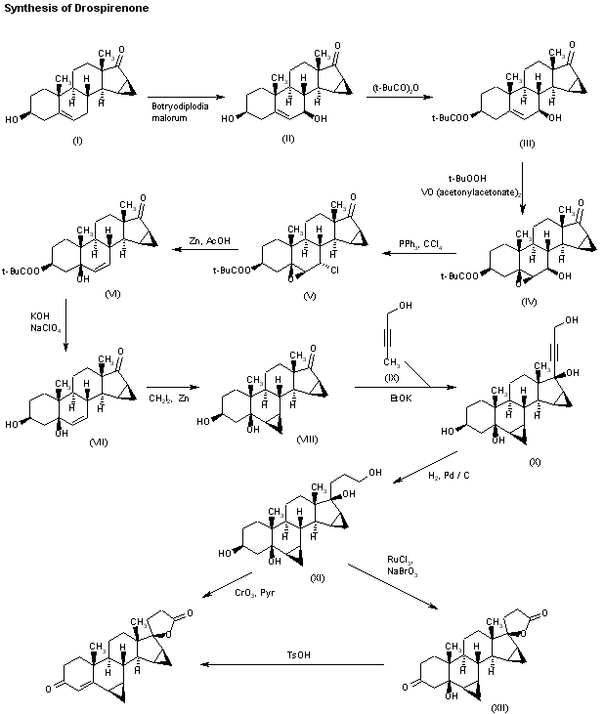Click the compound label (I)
77,141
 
